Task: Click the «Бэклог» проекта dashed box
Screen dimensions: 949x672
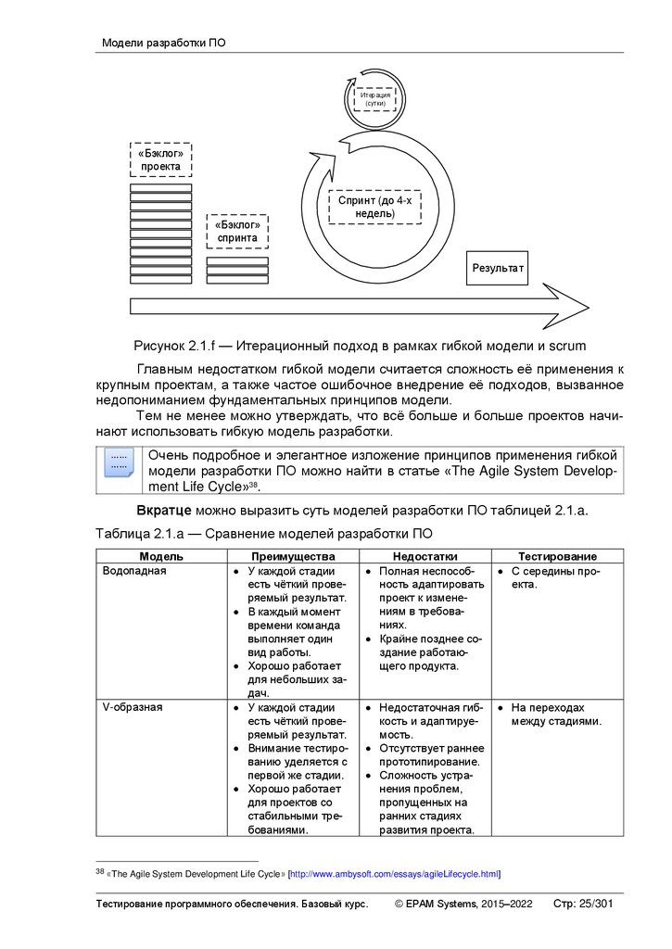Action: pyautogui.click(x=160, y=159)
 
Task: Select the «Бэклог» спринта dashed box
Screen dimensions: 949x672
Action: pyautogui.click(x=237, y=231)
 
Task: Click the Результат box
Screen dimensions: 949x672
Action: pyautogui.click(x=498, y=268)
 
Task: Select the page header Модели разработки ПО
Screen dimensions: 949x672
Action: pyautogui.click(x=163, y=43)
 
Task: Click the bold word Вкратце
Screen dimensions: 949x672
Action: pyautogui.click(x=164, y=511)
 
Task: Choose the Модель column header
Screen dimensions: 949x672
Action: pyautogui.click(x=161, y=556)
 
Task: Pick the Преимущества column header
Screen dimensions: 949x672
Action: pyautogui.click(x=293, y=556)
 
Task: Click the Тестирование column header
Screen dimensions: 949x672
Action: pyautogui.click(x=557, y=556)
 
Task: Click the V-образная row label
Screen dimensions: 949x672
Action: pyautogui.click(x=132, y=707)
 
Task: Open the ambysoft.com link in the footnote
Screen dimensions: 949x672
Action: pyautogui.click(x=394, y=873)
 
